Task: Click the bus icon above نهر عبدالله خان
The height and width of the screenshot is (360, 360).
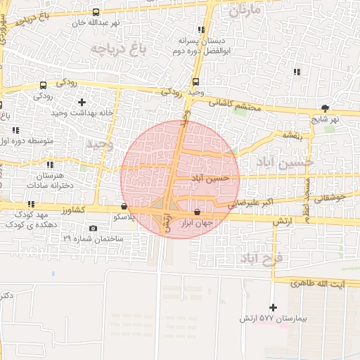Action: tap(96, 12)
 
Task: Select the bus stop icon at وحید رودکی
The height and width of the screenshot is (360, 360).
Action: tap(195, 81)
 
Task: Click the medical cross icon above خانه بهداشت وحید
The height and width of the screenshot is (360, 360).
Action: tap(82, 103)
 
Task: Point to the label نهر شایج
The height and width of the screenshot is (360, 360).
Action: tap(325, 119)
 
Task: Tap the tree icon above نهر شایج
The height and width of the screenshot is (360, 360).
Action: tap(325, 108)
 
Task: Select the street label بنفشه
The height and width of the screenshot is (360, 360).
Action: tap(292, 134)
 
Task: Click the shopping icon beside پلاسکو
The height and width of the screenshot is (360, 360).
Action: tap(124, 207)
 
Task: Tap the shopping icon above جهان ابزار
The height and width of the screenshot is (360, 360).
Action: tap(197, 212)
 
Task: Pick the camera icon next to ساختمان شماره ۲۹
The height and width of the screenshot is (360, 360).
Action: tap(94, 229)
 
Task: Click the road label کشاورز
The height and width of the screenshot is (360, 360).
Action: tap(72, 210)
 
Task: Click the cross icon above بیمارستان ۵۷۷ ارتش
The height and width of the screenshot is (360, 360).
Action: tap(273, 307)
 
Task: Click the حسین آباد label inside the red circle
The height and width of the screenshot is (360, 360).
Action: tap(210, 179)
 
